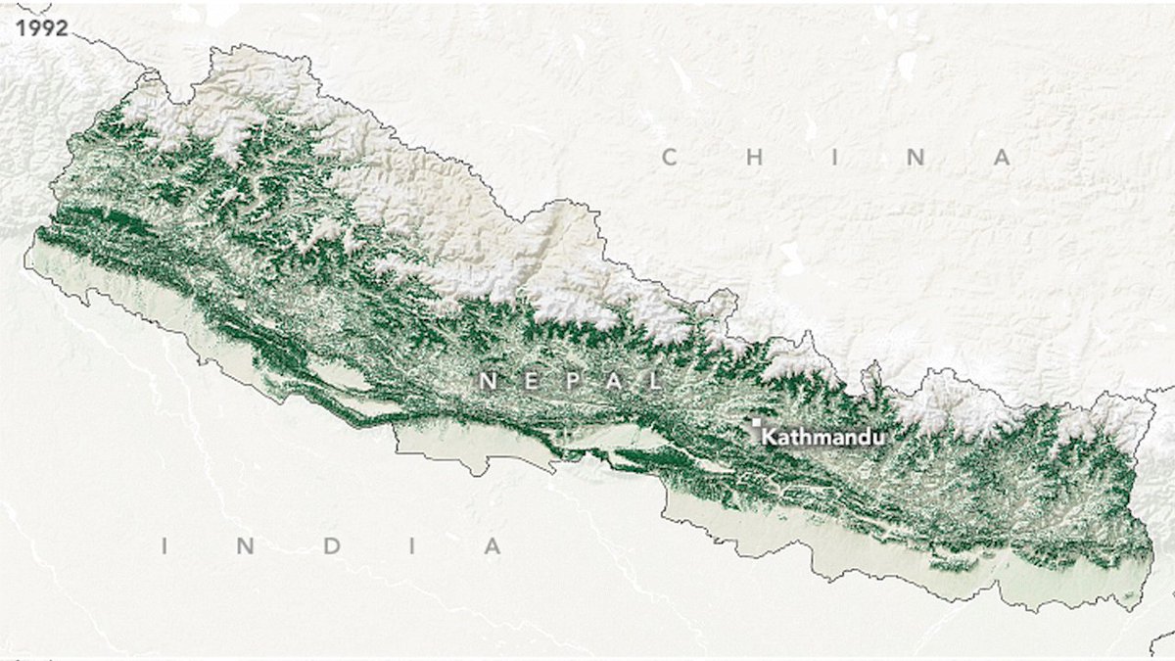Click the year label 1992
[41, 27]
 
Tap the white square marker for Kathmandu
[756, 423]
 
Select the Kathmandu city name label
[823, 437]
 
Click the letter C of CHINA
[670, 158]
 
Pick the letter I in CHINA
[835, 158]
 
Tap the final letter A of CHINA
[1002, 158]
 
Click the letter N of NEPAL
[487, 381]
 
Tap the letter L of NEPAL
[654, 381]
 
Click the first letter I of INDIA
[164, 546]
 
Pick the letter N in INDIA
[246, 546]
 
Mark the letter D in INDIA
[330, 546]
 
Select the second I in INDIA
[412, 546]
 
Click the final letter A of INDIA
[492, 546]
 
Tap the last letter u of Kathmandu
[878, 437]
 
